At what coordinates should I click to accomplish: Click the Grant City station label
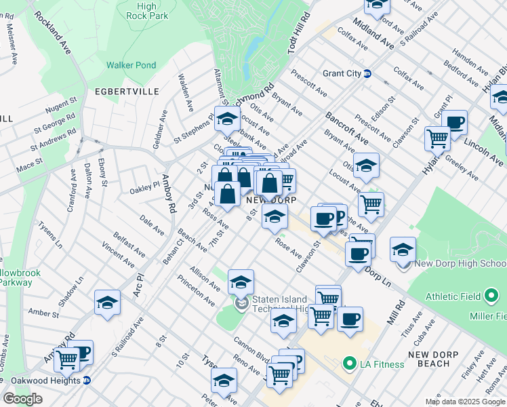pos(342,73)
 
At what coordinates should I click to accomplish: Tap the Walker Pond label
pos(131,66)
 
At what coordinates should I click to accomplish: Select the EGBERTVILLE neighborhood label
pos(127,91)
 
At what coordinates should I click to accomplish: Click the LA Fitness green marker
pos(350,364)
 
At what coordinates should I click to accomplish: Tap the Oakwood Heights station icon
pos(87,381)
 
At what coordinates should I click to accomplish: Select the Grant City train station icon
pos(367,73)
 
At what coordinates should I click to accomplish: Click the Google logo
pos(22,399)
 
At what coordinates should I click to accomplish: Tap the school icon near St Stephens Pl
pos(227,118)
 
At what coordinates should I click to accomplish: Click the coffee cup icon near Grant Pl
pos(455,122)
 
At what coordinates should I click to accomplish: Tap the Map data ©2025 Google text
pos(465,402)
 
